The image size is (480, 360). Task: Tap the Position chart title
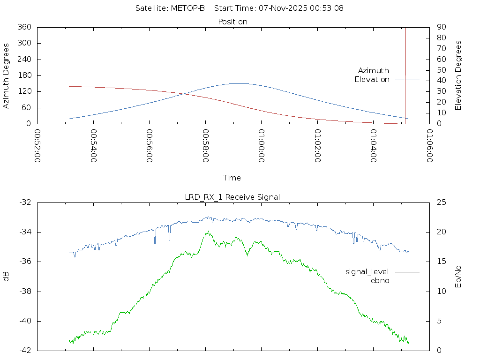(233, 22)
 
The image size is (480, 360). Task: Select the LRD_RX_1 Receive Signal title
(232, 197)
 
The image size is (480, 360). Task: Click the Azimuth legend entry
(374, 70)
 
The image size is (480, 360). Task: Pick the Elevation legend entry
(372, 80)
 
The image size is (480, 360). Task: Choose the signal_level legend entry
(367, 271)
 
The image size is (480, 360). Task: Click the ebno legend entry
(380, 280)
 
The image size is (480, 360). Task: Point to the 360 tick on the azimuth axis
(24, 27)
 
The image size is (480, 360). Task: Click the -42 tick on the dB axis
(24, 351)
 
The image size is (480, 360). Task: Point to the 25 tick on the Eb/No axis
(441, 202)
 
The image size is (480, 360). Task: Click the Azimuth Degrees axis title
(6, 75)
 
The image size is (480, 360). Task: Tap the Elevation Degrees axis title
(458, 75)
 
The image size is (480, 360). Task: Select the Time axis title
(232, 178)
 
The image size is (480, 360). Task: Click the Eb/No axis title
(458, 277)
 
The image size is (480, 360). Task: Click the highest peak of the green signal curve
(207, 231)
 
